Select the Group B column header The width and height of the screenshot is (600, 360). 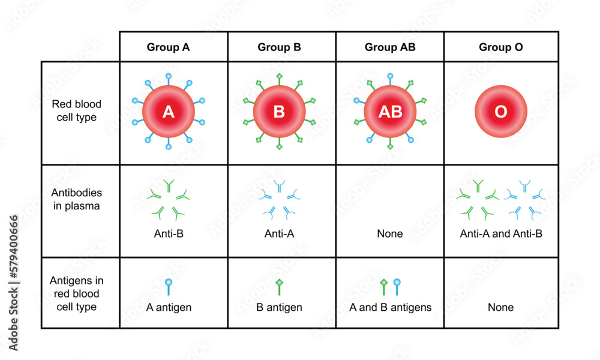point(279,47)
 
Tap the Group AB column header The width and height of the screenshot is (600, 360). point(389,47)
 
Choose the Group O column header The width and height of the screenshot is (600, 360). point(501,47)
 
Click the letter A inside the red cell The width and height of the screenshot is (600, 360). point(169,112)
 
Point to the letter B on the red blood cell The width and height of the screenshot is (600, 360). point(279,112)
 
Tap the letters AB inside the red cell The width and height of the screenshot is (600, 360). point(390,112)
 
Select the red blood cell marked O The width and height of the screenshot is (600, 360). point(501,112)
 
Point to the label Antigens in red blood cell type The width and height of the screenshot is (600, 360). point(75,293)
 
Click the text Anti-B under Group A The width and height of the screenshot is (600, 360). point(169,233)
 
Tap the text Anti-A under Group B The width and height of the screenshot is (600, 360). point(279,233)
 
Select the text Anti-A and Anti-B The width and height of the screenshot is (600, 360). point(501,233)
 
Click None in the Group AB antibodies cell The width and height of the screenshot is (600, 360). point(390,233)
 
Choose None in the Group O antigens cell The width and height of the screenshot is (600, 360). point(501,307)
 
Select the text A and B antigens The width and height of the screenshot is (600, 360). point(390,307)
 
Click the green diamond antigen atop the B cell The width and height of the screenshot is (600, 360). point(279,76)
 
